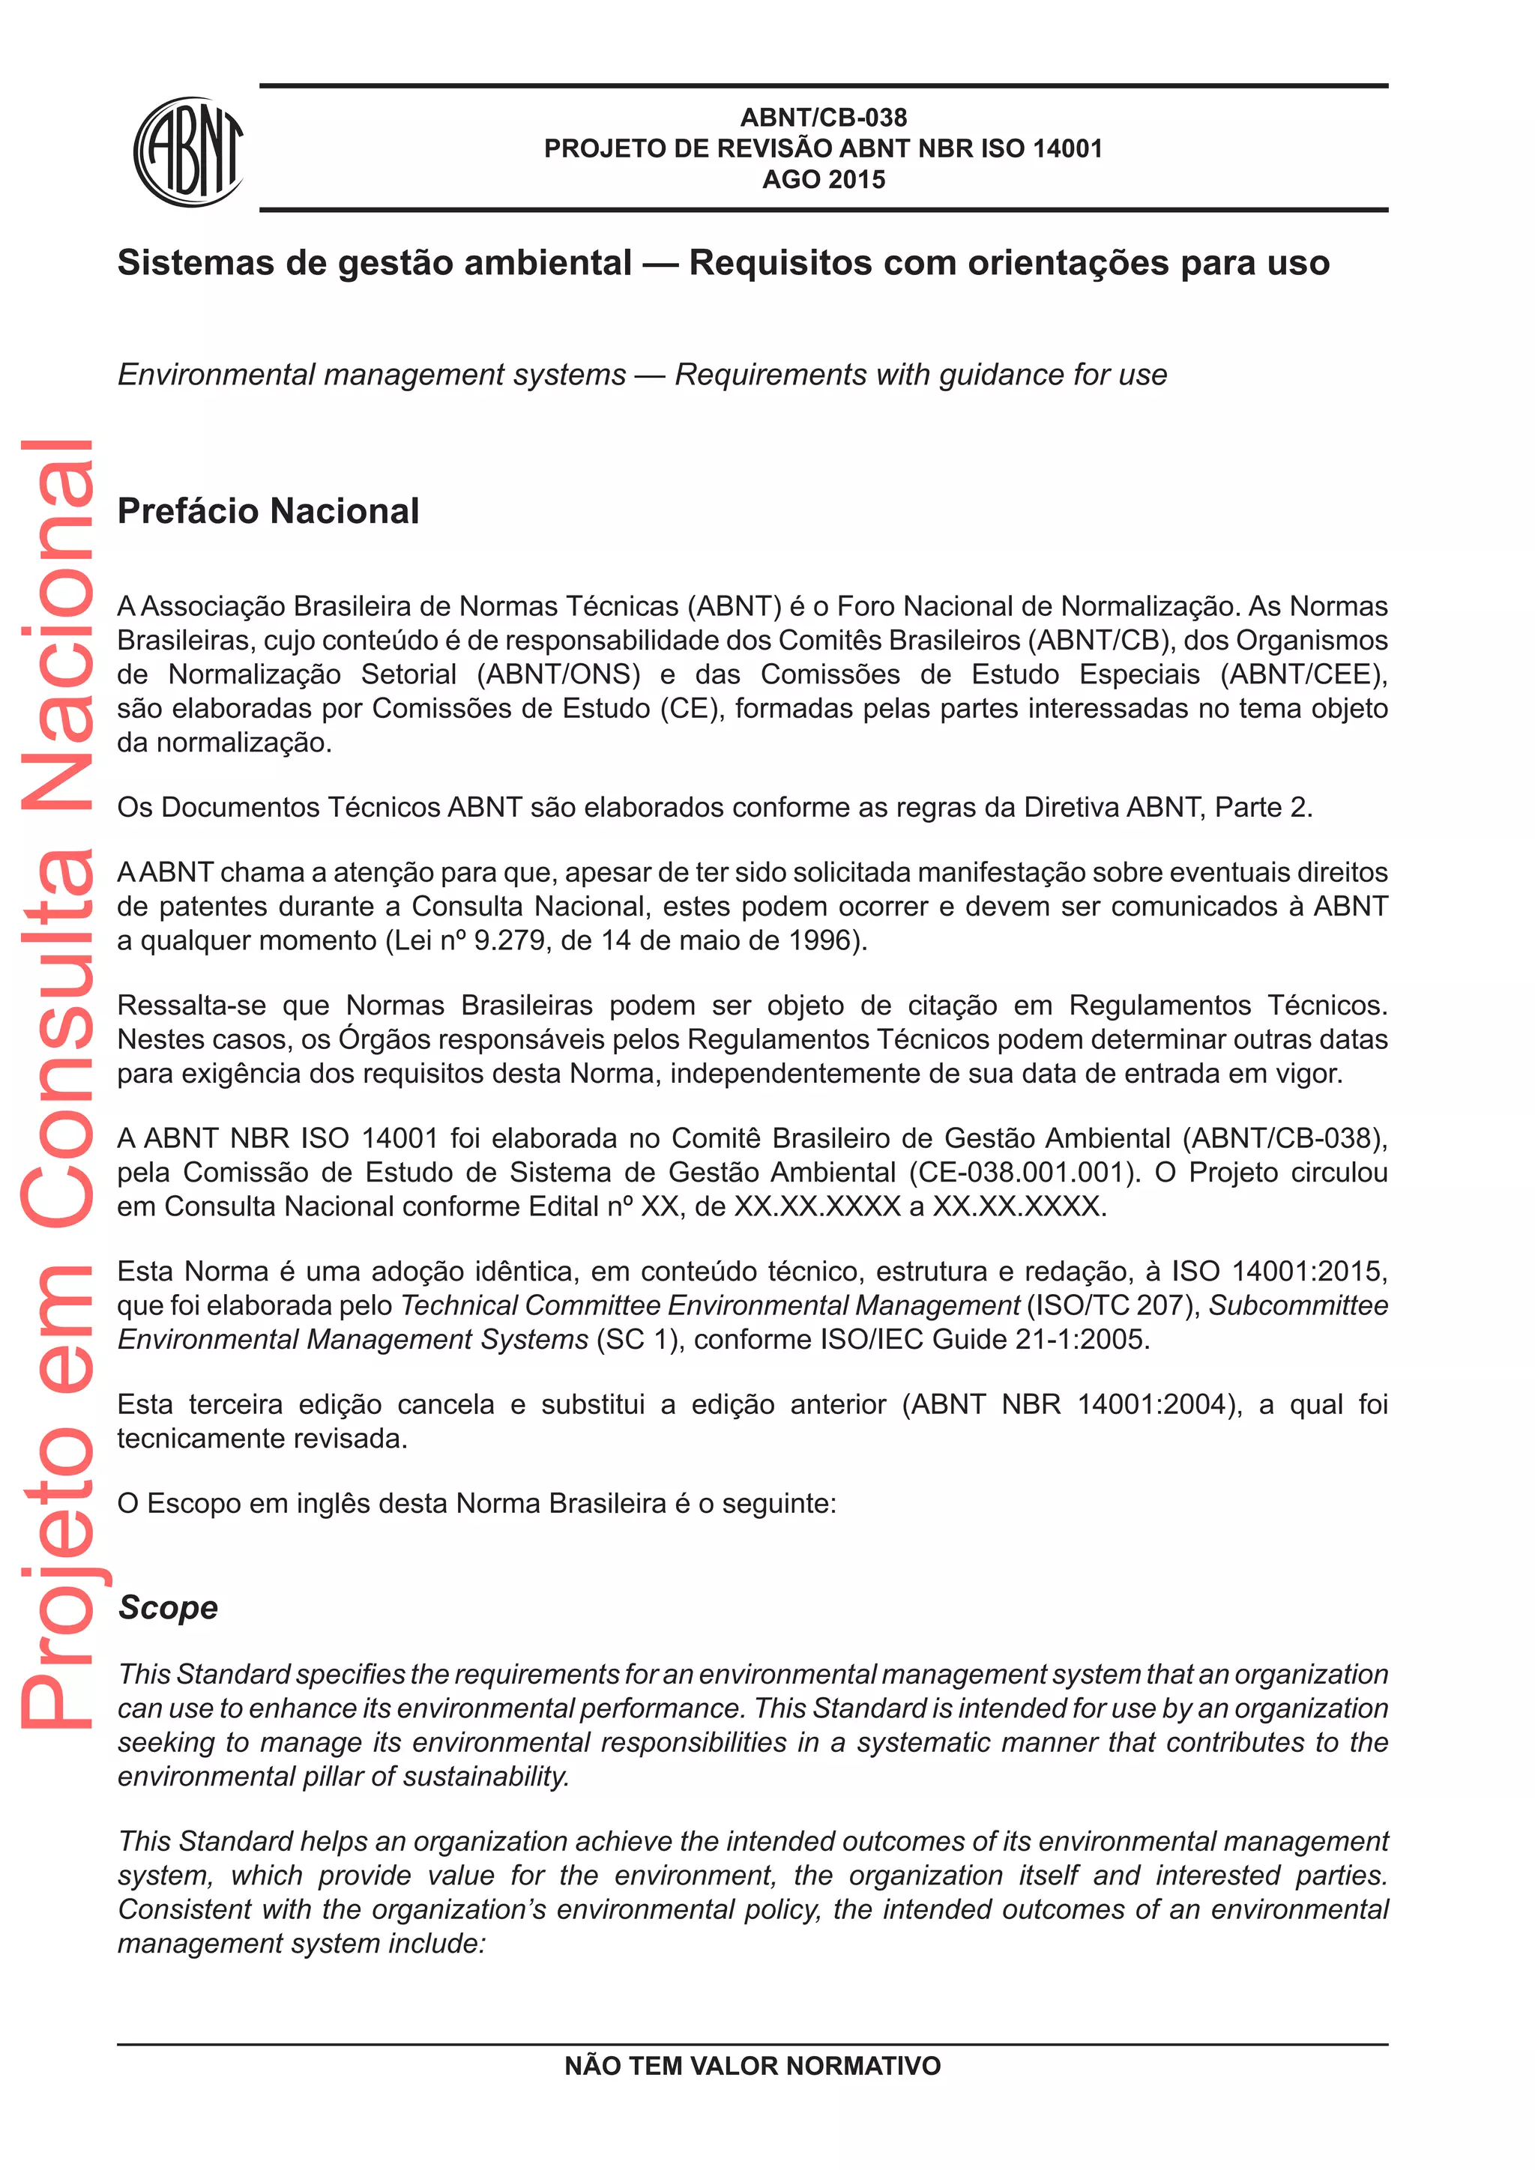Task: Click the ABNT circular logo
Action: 189,151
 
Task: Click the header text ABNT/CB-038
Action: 823,117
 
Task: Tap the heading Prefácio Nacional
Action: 268,511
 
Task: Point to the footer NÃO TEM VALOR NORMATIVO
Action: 753,2066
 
